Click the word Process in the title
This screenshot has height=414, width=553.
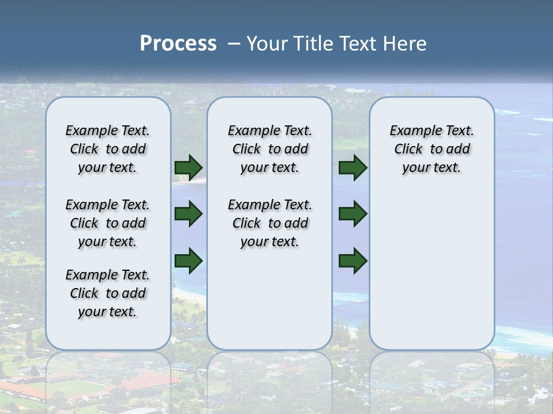tap(178, 43)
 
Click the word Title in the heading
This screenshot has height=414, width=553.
tap(312, 43)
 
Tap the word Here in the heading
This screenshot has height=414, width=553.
tap(406, 43)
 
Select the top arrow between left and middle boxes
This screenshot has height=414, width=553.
tap(188, 167)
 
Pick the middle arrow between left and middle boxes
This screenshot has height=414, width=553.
tap(188, 214)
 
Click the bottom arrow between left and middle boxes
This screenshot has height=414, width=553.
tap(188, 260)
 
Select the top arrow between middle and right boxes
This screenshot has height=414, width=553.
tap(353, 167)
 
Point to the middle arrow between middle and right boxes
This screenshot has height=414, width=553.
tap(353, 214)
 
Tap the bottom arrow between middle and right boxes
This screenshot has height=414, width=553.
tap(353, 260)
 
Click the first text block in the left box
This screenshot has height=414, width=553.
tap(108, 149)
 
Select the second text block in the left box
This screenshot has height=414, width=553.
tap(108, 223)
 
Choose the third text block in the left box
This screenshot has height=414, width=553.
tap(108, 293)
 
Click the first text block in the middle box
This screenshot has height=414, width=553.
tap(270, 149)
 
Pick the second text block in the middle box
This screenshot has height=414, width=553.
tap(270, 223)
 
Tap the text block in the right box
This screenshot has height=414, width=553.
tap(432, 149)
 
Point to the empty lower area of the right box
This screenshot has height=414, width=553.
tap(432, 264)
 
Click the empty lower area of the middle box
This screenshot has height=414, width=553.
tap(270, 299)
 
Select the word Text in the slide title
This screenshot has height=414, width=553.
tap(357, 43)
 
